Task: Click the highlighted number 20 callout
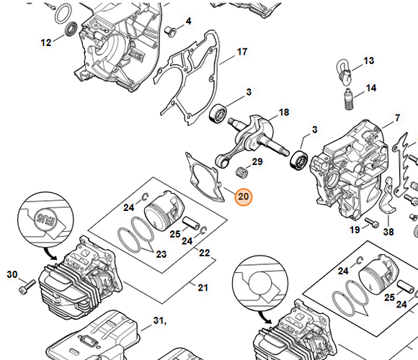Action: pos(243,197)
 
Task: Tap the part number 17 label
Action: pos(242,52)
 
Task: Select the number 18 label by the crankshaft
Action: pos(284,112)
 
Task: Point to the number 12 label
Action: pos(46,42)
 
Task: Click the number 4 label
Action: pos(188,21)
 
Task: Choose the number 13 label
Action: pos(369,61)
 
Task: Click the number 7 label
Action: pos(396,117)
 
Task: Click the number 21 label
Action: pos(203,288)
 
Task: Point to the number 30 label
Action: pos(12,274)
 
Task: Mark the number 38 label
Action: pos(388,233)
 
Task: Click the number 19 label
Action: pos(355,230)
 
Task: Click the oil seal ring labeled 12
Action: pos(71,30)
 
